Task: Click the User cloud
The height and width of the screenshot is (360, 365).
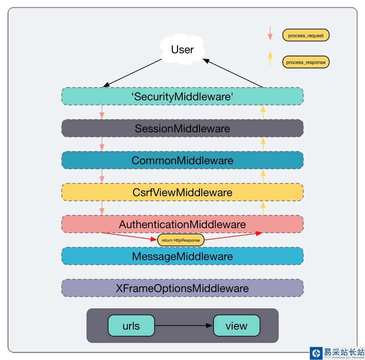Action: point(182,50)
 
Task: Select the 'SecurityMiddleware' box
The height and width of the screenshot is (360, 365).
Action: point(182,96)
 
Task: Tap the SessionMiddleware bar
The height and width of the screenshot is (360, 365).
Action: point(182,128)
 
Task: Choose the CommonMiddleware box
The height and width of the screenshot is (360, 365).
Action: point(182,160)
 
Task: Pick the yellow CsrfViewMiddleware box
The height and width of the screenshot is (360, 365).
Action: point(182,192)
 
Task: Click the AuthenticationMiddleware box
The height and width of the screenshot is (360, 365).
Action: point(182,224)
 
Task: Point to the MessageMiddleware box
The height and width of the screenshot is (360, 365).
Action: point(182,256)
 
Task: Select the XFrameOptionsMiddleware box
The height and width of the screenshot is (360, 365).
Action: point(182,288)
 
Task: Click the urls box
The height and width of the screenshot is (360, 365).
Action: point(131,326)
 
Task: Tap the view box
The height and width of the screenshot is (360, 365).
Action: point(237,326)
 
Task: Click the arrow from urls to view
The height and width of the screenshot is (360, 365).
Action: point(184,326)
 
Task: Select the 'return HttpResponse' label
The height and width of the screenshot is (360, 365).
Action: point(181,240)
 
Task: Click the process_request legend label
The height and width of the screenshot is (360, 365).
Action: point(306,35)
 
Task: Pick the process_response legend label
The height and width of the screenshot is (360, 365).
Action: point(306,62)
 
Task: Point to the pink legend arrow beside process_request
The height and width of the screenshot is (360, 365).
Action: point(270,33)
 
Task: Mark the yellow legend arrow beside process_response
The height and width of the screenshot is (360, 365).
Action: point(270,58)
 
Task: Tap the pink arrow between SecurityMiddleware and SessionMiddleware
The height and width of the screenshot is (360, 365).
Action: point(102,112)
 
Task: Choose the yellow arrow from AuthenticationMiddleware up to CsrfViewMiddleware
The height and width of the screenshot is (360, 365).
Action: point(263,208)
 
